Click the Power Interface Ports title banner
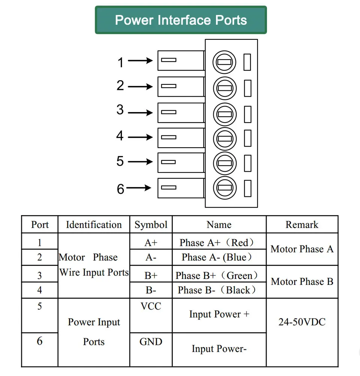point(181,20)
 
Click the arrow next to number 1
point(140,61)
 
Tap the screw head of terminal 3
point(225,114)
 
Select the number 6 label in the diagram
point(120,189)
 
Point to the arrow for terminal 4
point(140,137)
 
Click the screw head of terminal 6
point(225,188)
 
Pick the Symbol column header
point(151,225)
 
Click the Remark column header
point(302,225)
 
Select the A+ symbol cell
point(151,243)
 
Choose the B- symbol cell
point(151,290)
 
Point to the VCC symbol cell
point(151,306)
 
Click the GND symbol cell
point(151,342)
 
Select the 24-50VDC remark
point(302,322)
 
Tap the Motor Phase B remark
point(302,282)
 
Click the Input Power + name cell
point(219,314)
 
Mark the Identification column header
point(94,225)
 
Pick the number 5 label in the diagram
point(120,161)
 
